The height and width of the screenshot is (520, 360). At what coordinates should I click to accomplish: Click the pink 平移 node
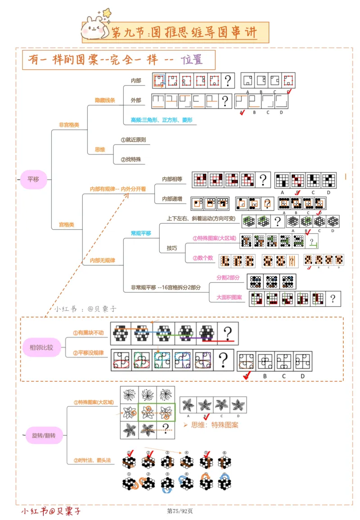click(x=33, y=179)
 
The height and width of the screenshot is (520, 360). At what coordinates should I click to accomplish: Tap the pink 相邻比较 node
click(x=41, y=347)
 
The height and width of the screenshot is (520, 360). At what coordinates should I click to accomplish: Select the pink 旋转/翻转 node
click(x=47, y=435)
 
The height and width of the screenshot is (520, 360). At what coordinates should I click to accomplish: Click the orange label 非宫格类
click(x=69, y=125)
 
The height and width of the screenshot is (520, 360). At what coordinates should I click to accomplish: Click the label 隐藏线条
click(x=104, y=100)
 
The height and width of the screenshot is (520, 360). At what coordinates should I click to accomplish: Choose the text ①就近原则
click(x=133, y=140)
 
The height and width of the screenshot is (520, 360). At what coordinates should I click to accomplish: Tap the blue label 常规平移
click(x=141, y=233)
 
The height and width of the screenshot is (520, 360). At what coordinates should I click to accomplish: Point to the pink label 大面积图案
click(x=229, y=297)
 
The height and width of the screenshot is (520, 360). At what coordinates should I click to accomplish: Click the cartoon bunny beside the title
click(x=93, y=29)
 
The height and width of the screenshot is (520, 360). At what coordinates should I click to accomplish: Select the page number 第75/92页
click(x=180, y=511)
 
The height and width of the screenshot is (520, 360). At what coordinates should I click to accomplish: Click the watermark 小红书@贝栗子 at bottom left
click(x=51, y=511)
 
